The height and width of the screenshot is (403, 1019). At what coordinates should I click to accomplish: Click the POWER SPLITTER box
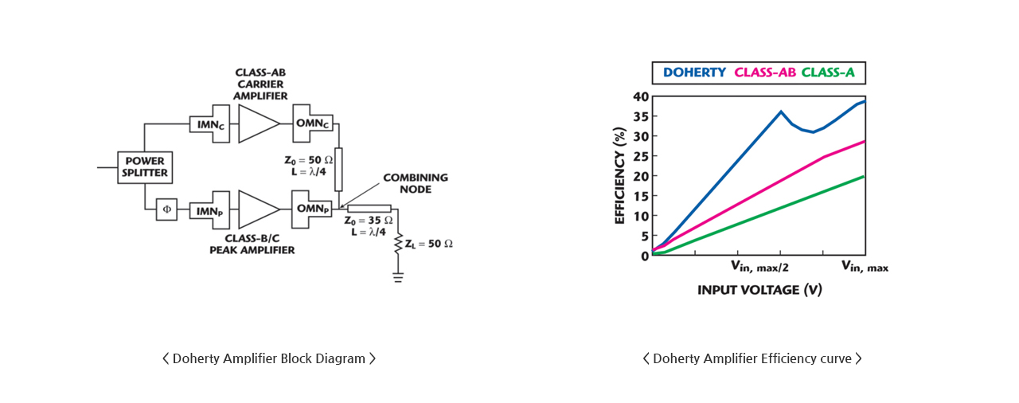(x=145, y=167)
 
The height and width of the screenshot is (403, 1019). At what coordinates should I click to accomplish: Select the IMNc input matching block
(x=209, y=123)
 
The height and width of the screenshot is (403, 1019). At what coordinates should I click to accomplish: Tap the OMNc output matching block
(x=313, y=123)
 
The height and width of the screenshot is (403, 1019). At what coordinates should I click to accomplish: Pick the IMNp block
(x=209, y=210)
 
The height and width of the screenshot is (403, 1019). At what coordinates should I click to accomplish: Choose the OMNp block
(x=312, y=209)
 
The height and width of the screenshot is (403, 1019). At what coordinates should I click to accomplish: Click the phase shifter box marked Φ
(x=167, y=209)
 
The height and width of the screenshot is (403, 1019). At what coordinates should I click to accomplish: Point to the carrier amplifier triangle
(x=259, y=123)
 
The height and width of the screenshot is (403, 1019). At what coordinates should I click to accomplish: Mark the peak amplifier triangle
(x=259, y=209)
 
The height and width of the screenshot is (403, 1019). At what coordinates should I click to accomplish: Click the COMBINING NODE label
(x=416, y=183)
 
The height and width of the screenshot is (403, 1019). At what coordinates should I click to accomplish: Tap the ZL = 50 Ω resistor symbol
(x=398, y=244)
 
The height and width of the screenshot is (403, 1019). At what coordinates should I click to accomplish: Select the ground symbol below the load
(x=398, y=277)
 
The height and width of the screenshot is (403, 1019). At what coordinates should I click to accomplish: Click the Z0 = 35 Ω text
(x=369, y=221)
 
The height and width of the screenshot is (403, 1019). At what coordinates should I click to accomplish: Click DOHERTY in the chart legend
(x=694, y=72)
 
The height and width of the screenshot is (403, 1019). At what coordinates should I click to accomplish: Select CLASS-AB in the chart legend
(x=765, y=72)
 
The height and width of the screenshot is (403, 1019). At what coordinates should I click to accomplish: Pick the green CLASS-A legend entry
(x=828, y=72)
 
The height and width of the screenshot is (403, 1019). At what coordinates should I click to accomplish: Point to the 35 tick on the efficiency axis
(x=641, y=116)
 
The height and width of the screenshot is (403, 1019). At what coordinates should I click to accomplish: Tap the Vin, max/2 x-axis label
(x=759, y=266)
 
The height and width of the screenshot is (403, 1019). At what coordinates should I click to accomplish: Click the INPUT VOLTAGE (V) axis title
(x=759, y=290)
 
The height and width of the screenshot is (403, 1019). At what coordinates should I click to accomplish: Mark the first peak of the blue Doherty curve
(x=781, y=111)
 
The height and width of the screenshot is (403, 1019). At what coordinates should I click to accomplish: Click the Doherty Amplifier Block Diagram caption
(x=269, y=358)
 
